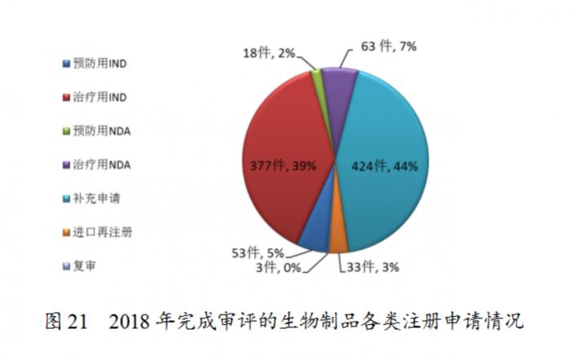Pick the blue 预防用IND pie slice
(314, 236)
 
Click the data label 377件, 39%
(283, 165)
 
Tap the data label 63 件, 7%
(388, 46)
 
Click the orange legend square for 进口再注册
(66, 232)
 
